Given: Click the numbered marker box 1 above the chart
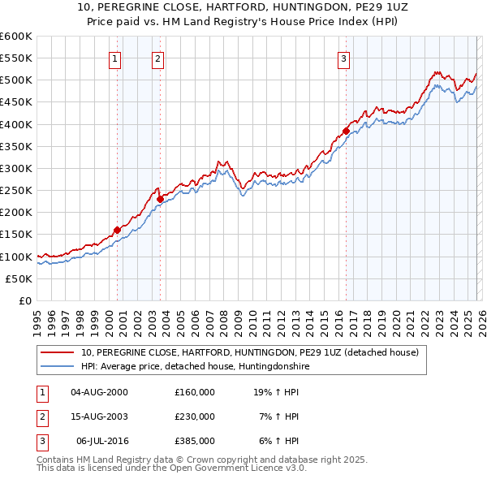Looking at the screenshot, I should [115, 58].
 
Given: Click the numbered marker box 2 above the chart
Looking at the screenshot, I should [157, 58].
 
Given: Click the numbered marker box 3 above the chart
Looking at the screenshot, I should [343, 58].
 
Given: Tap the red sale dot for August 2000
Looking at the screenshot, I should [117, 230].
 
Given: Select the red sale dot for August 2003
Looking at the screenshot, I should [161, 199].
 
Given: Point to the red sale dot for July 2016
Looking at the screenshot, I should [346, 131].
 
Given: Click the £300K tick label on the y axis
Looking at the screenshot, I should [16, 168].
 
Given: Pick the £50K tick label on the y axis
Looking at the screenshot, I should [19, 278].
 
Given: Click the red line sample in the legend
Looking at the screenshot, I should [58, 353].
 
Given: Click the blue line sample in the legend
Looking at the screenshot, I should [58, 367].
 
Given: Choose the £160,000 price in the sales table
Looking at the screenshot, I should [195, 392].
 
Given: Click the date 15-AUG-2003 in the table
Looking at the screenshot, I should [99, 416].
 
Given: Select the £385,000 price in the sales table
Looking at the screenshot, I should [195, 441].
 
